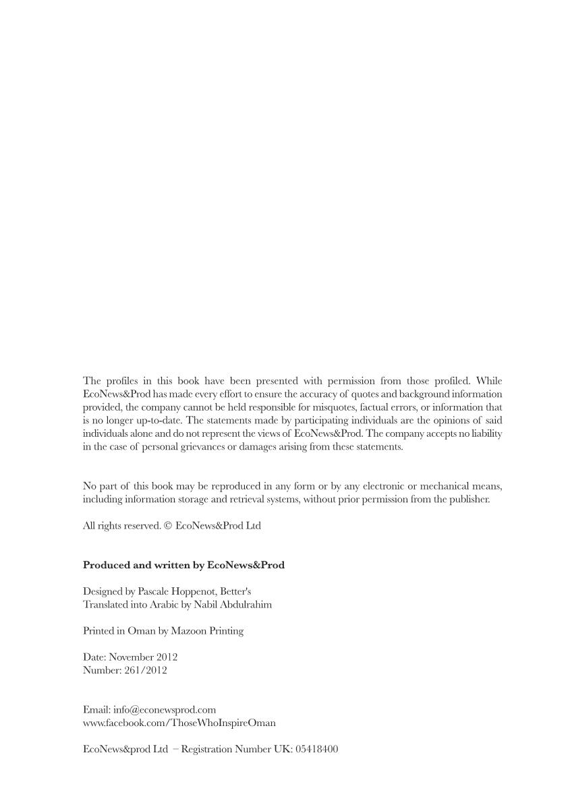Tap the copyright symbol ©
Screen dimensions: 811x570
(168, 526)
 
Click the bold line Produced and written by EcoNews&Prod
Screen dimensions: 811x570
(183, 565)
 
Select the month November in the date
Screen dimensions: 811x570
(131, 657)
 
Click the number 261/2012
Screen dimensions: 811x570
(146, 670)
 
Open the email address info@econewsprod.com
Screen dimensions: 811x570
(165, 710)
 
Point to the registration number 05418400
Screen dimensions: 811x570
(316, 749)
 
